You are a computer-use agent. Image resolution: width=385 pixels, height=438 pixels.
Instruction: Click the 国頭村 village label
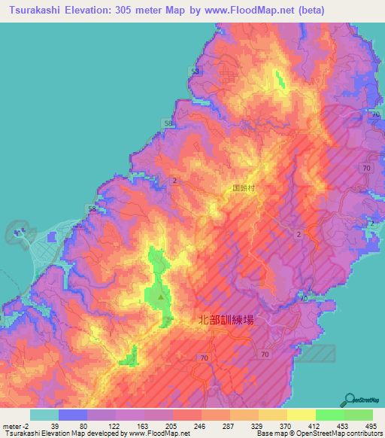pos(244,191)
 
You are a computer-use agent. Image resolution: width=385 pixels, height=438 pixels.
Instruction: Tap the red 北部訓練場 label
pos(226,320)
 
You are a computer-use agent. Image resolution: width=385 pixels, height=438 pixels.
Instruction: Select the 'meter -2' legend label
pos(16,425)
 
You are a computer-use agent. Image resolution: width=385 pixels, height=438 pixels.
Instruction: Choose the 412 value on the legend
pos(309,425)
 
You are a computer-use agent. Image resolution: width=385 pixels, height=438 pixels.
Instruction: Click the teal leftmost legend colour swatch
pos(44,415)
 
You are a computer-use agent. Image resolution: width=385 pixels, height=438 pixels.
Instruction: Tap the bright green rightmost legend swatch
pos(358,415)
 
